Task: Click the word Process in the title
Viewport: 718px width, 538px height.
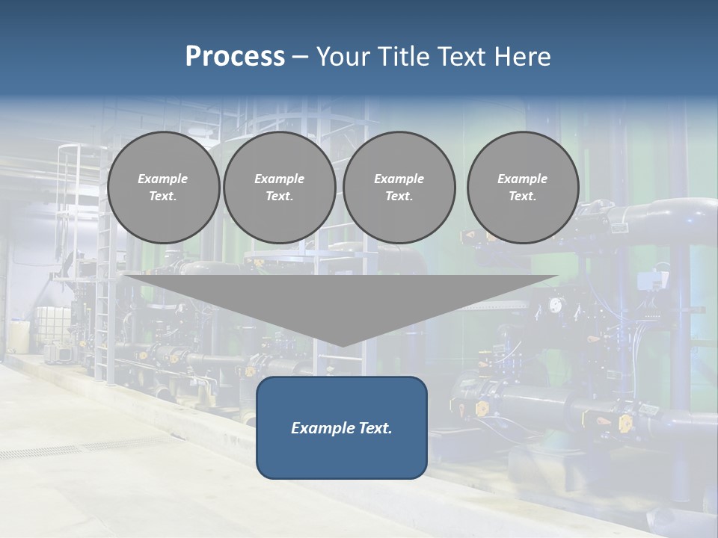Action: tap(235, 57)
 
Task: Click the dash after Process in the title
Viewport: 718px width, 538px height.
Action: tap(301, 58)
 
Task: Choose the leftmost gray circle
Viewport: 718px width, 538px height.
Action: tap(163, 188)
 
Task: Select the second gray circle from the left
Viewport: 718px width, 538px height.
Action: tap(279, 188)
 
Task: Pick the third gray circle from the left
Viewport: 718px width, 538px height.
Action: tap(399, 188)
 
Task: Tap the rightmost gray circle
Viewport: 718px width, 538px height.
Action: tap(522, 188)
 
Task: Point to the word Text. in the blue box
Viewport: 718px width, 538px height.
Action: tap(375, 428)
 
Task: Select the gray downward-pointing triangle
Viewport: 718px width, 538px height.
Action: tap(341, 299)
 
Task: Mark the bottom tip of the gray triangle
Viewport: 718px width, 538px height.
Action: tap(342, 345)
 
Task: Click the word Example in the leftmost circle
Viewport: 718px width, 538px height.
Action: tap(163, 179)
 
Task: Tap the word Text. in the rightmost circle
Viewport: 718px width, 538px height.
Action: tap(522, 197)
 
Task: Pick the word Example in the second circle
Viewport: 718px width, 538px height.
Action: tap(279, 179)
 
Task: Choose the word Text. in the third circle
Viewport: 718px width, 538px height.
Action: tap(399, 197)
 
